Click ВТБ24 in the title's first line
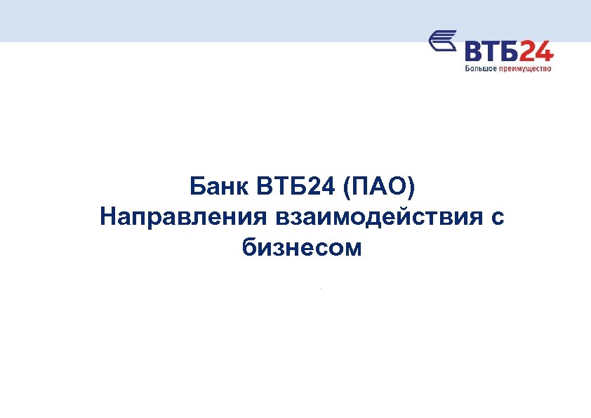point(288,188)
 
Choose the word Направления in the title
point(180,218)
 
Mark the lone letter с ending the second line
point(497,218)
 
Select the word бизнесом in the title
point(302,248)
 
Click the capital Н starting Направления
point(108,217)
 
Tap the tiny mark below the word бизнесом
point(320,288)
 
